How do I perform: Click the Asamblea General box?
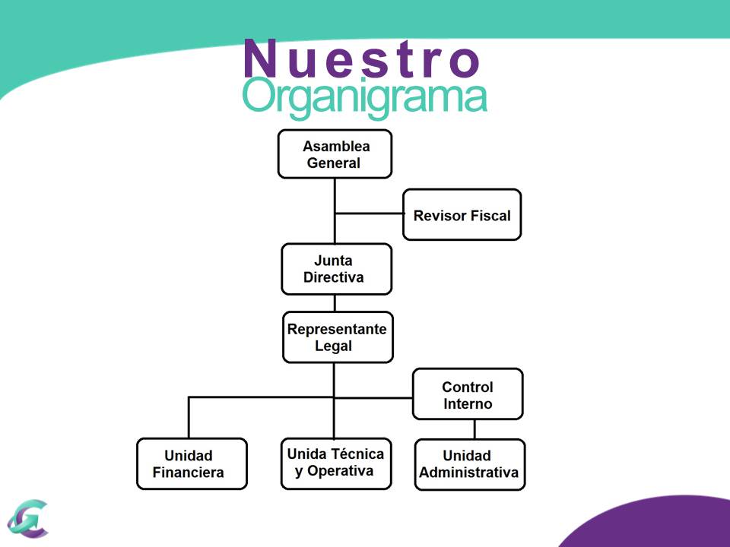[x=335, y=154]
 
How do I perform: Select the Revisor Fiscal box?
[x=462, y=215]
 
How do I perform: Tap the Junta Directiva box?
[x=336, y=269]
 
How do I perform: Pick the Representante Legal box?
[x=338, y=337]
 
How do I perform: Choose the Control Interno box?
[x=468, y=394]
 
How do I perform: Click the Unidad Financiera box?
[x=192, y=463]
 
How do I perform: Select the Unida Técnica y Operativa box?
[x=335, y=463]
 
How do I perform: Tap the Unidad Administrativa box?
[x=469, y=464]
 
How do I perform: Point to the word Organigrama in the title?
[x=364, y=97]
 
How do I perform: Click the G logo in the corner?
[x=27, y=518]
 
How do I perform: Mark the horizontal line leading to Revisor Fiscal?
[x=369, y=213]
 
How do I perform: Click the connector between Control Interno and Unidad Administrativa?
[x=474, y=429]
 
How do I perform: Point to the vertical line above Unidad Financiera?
[x=189, y=418]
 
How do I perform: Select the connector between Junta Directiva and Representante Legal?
[x=335, y=303]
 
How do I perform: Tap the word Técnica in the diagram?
[x=357, y=454]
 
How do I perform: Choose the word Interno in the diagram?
[x=468, y=404]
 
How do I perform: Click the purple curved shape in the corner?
[x=654, y=524]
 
